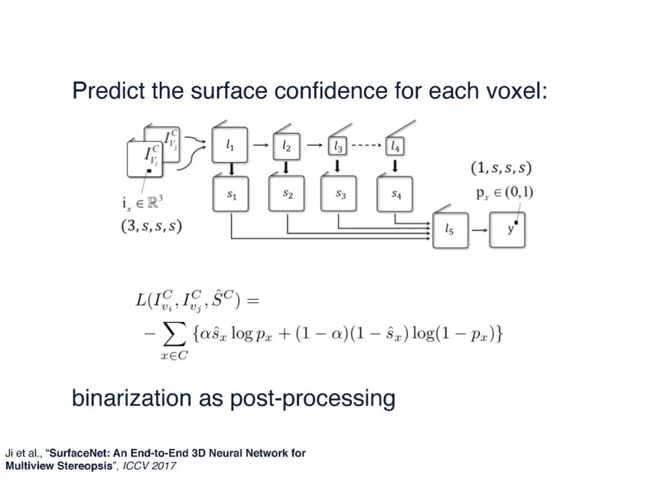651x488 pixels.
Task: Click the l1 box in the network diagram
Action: (230, 145)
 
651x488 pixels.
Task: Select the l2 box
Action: (286, 146)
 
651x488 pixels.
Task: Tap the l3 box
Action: (338, 146)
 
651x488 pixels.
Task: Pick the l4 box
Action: (394, 146)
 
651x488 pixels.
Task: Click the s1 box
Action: (231, 193)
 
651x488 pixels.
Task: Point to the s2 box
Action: (287, 193)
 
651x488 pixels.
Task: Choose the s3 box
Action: (340, 193)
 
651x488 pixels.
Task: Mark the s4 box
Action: (395, 193)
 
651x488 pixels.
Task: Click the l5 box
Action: (450, 230)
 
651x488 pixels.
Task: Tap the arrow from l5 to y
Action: (479, 230)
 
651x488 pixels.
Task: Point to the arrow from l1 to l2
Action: (259, 145)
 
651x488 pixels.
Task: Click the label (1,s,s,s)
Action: (501, 168)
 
